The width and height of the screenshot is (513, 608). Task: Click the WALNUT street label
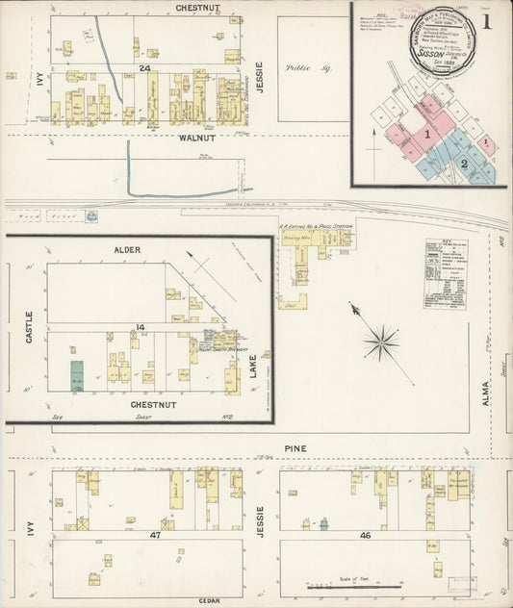[x=194, y=139]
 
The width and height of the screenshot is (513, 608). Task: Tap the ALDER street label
[x=127, y=250]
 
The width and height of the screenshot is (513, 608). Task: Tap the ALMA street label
[x=486, y=392]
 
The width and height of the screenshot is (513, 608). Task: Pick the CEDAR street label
[x=210, y=600]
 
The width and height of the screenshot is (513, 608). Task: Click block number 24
[x=144, y=68]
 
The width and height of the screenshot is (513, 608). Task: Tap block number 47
[x=155, y=533]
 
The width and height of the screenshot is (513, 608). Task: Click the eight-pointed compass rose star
[x=382, y=342]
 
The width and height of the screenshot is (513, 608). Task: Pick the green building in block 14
[x=77, y=375]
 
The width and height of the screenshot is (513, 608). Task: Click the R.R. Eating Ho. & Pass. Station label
[x=316, y=226]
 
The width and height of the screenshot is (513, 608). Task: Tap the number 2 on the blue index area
[x=464, y=165]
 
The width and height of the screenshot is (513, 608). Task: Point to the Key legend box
[x=446, y=273]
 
